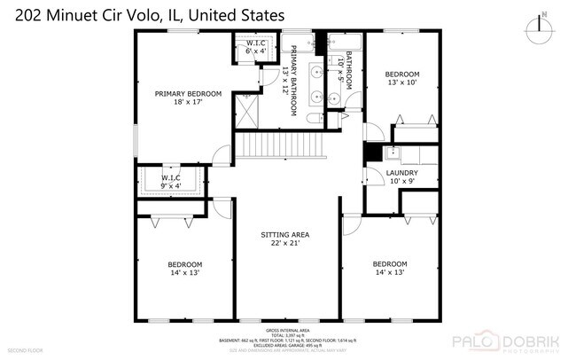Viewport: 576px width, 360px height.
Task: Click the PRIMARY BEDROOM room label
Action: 188,93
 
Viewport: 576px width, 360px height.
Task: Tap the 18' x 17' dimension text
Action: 188,103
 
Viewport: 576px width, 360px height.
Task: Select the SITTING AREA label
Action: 287,235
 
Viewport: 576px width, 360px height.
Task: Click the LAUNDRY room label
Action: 402,173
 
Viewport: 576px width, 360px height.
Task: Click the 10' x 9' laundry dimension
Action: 402,182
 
